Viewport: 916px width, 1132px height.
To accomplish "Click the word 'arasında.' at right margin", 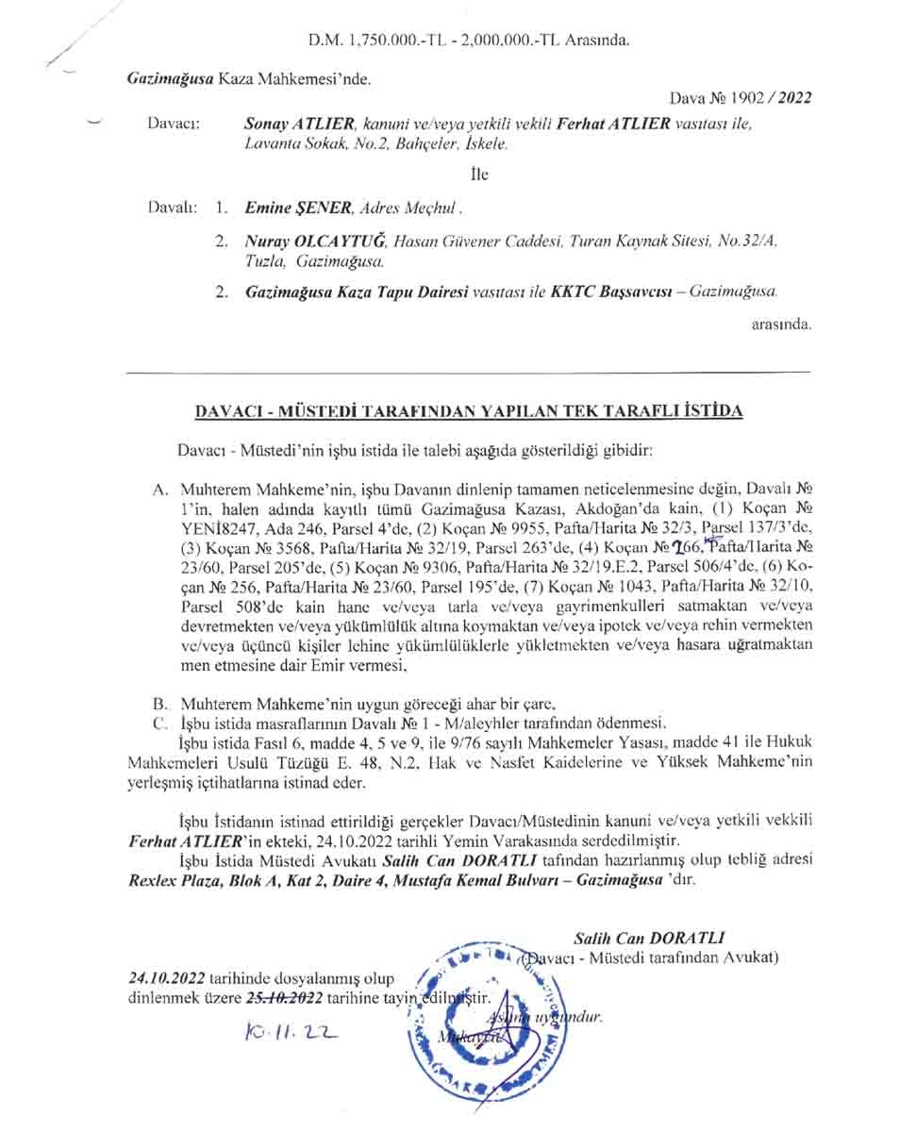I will pos(781,324).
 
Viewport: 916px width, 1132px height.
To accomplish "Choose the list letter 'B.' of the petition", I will pos(159,704).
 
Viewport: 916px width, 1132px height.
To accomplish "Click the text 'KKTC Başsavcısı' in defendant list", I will pos(611,292).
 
